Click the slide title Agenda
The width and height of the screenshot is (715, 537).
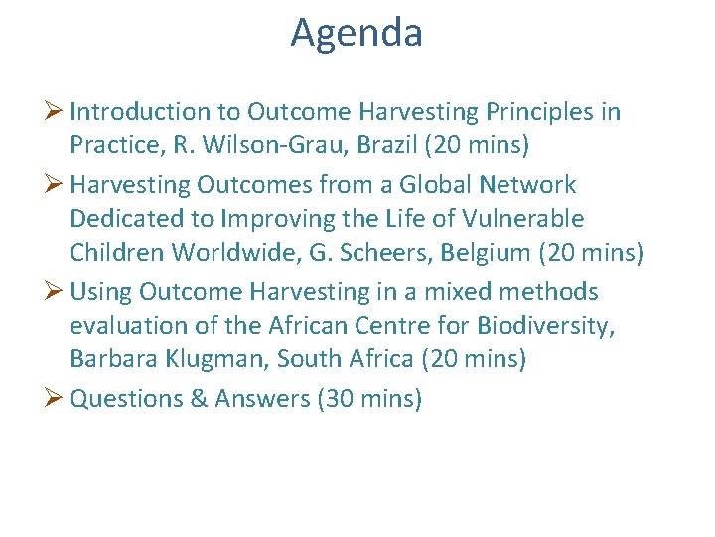click(357, 34)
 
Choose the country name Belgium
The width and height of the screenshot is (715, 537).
click(487, 252)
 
